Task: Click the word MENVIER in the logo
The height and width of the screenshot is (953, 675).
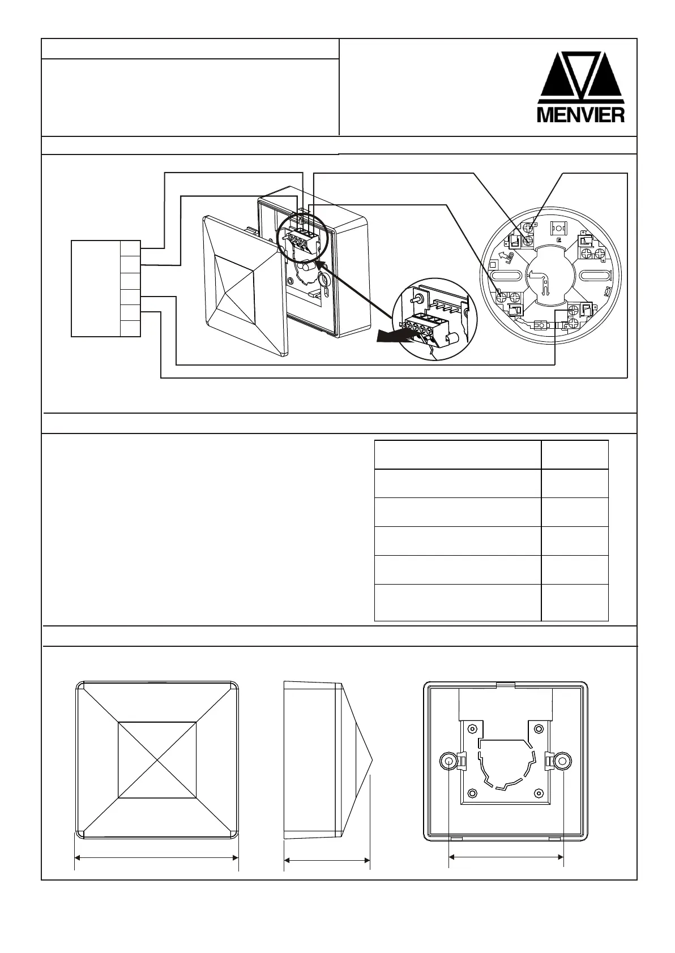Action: pos(580,114)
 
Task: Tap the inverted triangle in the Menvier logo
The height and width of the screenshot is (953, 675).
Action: pos(582,71)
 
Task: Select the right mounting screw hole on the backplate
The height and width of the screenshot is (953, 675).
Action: pos(562,761)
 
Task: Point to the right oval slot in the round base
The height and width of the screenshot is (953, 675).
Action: pos(595,276)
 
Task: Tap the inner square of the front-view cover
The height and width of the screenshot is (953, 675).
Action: pos(157,759)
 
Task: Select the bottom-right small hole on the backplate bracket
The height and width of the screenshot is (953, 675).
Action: pos(538,793)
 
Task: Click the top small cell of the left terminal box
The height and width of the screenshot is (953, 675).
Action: pos(130,248)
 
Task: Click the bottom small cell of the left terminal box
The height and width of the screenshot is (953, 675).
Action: pos(130,328)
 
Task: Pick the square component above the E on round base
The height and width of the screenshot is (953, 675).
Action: pos(558,228)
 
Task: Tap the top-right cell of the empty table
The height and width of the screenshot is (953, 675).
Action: pos(574,454)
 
